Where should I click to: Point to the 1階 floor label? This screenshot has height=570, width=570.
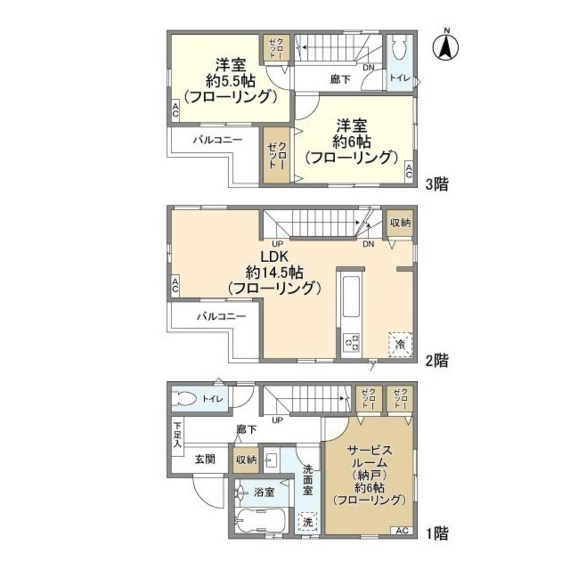438,534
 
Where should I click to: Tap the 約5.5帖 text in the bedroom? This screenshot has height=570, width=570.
231,80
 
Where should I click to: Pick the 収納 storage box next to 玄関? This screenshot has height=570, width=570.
246,459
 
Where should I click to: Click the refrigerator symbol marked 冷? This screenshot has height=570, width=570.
400,344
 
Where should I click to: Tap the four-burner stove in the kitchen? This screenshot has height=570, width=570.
351,343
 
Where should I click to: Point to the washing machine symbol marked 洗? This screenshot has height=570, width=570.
308,521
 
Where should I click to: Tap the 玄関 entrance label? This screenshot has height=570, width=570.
203,459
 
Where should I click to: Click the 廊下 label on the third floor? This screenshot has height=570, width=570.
340,80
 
